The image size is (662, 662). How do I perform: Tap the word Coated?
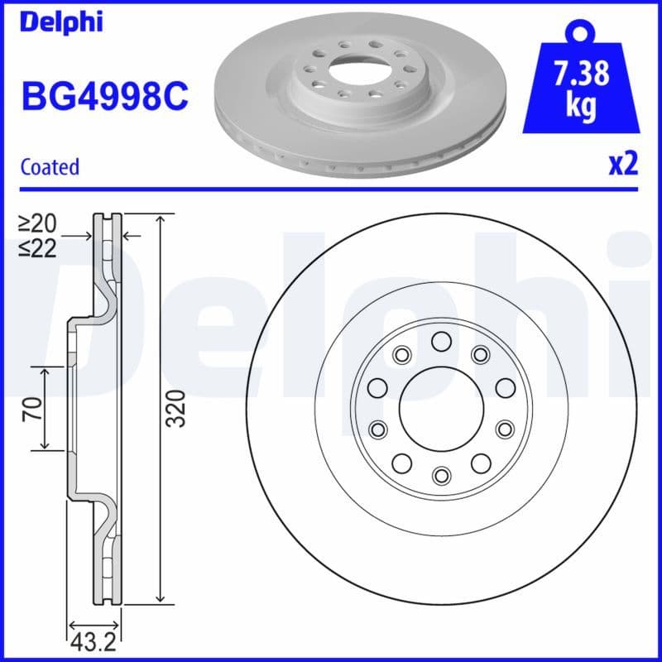pos(50,166)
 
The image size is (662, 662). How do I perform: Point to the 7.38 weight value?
pos(581,74)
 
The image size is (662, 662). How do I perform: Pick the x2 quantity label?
pos(623,165)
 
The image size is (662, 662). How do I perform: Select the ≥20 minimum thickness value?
pos(38,223)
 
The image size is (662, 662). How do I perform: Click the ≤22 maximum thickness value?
pos(38,248)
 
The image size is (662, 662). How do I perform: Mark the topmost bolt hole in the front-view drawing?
pos(440,340)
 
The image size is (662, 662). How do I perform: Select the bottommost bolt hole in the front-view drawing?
pos(440,474)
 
